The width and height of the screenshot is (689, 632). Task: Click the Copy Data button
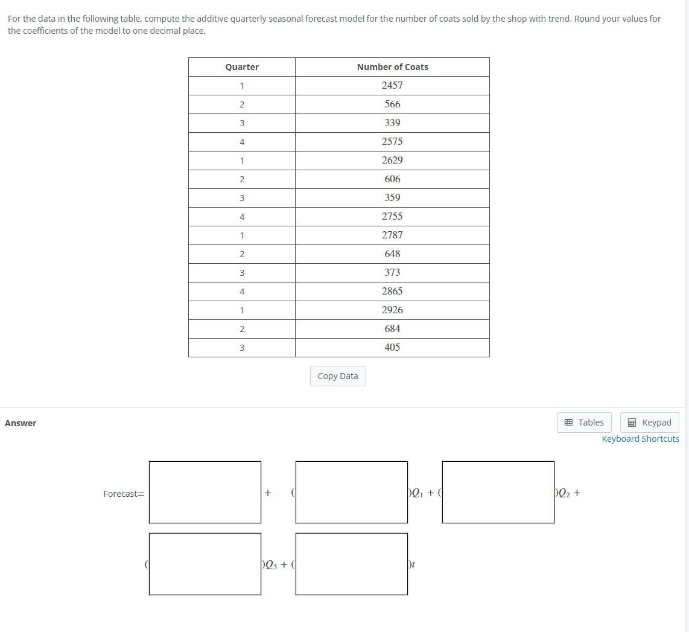(338, 376)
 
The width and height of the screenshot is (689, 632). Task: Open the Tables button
(584, 423)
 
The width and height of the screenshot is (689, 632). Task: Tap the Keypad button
(650, 423)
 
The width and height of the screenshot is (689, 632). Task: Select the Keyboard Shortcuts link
(640, 439)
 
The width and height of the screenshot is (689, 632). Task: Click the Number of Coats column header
(392, 67)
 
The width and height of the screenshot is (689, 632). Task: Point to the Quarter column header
(242, 67)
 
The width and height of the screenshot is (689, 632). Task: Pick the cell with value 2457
(392, 86)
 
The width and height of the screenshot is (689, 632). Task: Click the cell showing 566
(392, 104)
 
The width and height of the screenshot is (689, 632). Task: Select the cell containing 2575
(392, 142)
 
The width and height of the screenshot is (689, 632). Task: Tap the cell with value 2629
(392, 161)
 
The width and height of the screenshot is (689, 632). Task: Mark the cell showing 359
(392, 198)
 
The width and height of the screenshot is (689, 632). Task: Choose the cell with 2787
(392, 235)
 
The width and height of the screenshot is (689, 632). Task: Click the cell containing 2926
(392, 310)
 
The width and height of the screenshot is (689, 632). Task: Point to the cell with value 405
(392, 348)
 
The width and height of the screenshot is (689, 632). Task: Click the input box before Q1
(352, 492)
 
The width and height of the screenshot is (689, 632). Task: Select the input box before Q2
(498, 492)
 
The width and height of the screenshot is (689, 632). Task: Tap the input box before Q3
(205, 564)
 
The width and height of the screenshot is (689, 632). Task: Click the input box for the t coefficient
(352, 564)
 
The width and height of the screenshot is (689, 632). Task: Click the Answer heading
(21, 423)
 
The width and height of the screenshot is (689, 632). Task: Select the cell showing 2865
(392, 292)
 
